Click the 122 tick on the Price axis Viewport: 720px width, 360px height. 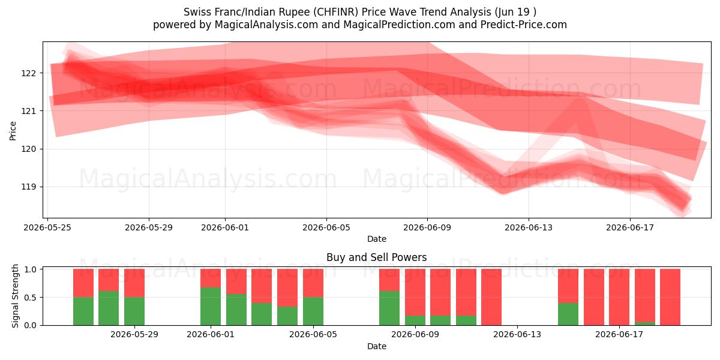pyautogui.click(x=29, y=73)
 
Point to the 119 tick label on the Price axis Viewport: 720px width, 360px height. pyautogui.click(x=29, y=187)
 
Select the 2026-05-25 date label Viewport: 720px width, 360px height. pyautogui.click(x=47, y=227)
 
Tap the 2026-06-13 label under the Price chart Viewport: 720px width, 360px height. pyautogui.click(x=529, y=227)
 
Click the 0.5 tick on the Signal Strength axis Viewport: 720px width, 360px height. pyautogui.click(x=30, y=298)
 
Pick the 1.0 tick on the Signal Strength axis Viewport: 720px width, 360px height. pyautogui.click(x=30, y=269)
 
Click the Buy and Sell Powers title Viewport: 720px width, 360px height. pyautogui.click(x=376, y=257)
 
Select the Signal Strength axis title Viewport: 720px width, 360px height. pyautogui.click(x=15, y=296)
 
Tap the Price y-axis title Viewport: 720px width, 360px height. pyautogui.click(x=13, y=131)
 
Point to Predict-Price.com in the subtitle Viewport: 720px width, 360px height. pyautogui.click(x=524, y=25)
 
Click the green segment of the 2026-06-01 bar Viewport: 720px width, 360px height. pyautogui.click(x=211, y=307)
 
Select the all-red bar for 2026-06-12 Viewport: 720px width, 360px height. pyautogui.click(x=491, y=297)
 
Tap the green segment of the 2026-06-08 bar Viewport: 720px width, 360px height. pyautogui.click(x=389, y=308)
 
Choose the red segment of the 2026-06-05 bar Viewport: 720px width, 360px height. pyautogui.click(x=313, y=283)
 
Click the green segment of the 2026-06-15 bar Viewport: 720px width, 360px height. pyautogui.click(x=568, y=314)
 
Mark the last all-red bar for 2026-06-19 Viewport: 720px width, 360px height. pyautogui.click(x=670, y=297)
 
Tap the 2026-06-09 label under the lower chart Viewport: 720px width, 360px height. pyautogui.click(x=415, y=335)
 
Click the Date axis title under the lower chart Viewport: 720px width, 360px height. pyautogui.click(x=377, y=347)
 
